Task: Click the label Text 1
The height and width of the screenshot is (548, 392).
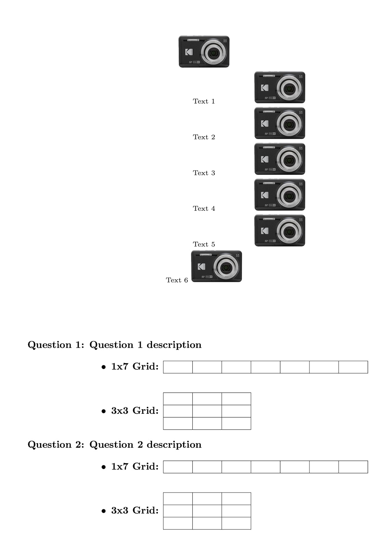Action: point(204,101)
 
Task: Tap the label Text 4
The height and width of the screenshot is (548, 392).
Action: point(204,209)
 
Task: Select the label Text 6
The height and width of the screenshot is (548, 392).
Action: point(177,280)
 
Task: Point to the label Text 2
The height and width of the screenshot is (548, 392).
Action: point(204,137)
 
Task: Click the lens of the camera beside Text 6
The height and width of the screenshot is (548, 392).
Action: point(225,267)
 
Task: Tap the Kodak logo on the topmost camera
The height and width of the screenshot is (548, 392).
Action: point(189,52)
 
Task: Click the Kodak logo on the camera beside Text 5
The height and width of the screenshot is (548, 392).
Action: point(265,231)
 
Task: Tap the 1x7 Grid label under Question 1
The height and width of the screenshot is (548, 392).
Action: point(135,367)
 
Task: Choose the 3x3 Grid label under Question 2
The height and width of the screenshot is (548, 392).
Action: point(135,511)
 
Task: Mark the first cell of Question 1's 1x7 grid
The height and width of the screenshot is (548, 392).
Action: point(178,367)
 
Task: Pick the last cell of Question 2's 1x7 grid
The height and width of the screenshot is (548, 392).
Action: point(353,467)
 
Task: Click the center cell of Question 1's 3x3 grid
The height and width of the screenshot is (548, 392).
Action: point(207,411)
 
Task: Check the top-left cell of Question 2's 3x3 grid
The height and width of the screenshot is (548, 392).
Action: point(178,499)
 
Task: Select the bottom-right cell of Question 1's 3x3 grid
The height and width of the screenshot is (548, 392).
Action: point(236,423)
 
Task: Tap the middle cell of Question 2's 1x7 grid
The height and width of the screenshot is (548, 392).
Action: point(265,467)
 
